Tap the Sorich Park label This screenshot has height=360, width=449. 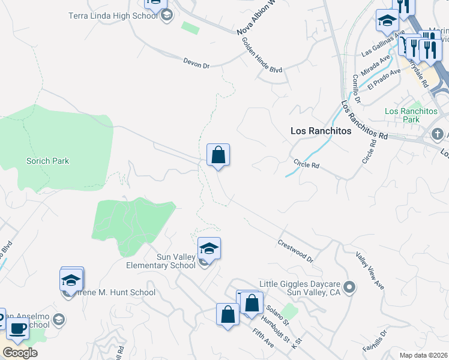47,161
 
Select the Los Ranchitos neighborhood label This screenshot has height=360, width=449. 320,130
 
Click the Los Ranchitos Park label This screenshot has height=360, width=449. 411,115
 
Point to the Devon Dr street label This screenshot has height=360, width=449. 197,62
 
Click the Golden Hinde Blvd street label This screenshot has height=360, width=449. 262,55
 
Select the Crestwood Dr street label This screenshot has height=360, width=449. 296,251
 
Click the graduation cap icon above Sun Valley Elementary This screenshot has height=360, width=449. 209,248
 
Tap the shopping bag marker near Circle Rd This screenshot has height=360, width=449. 218,155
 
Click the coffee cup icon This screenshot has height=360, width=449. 17,328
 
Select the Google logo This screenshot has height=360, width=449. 20,352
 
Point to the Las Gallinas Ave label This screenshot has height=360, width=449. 379,44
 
